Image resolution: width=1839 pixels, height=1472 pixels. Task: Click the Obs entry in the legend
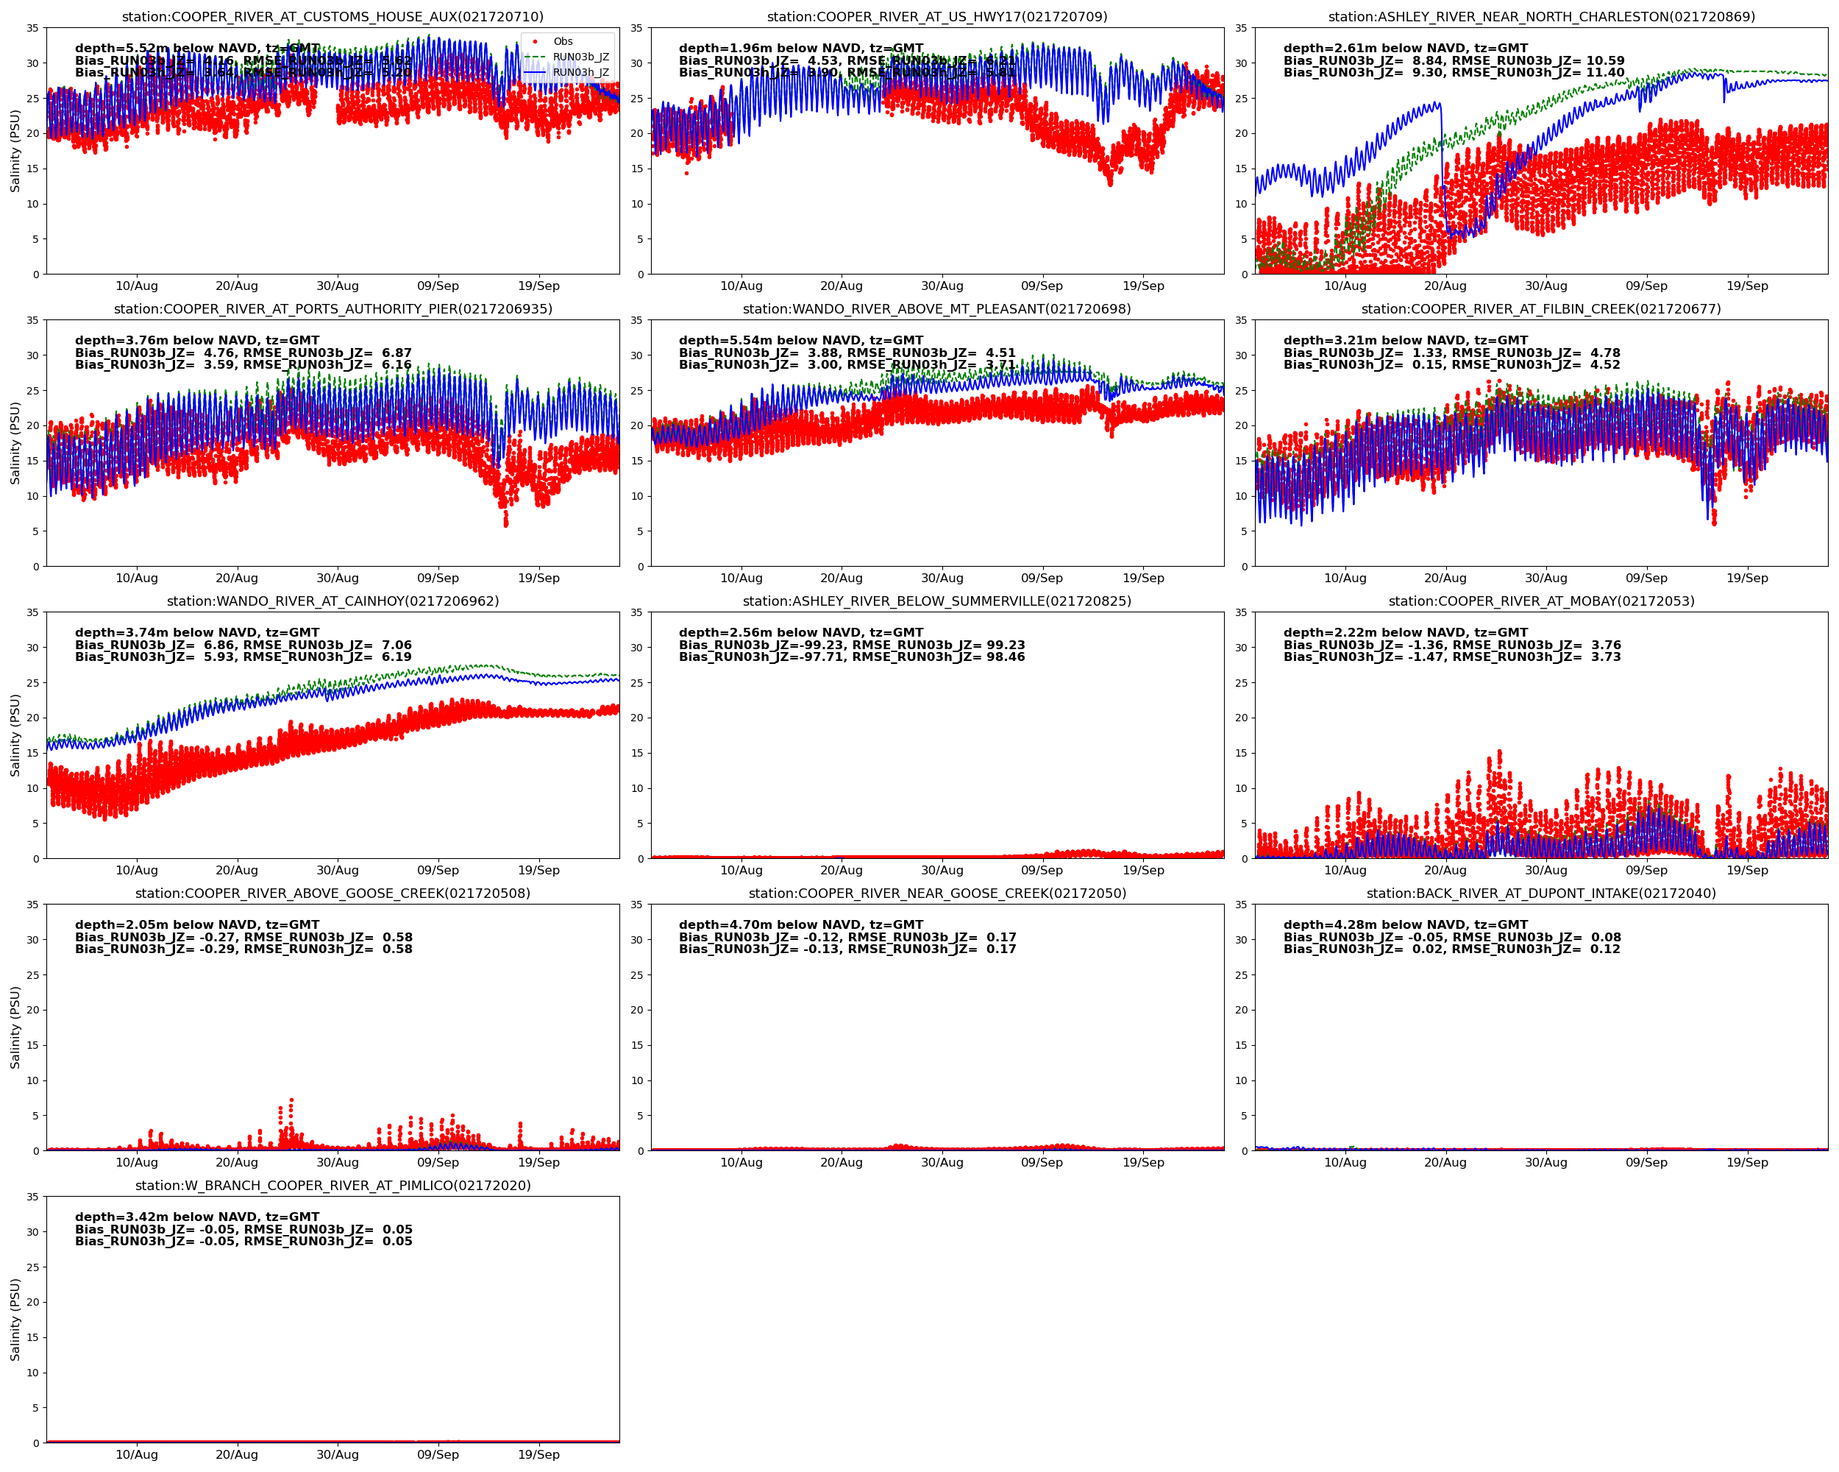click(562, 41)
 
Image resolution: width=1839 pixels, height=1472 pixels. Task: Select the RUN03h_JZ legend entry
click(580, 73)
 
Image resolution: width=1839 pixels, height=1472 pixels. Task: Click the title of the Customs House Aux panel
click(332, 16)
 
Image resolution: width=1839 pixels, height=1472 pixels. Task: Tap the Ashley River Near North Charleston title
click(1540, 16)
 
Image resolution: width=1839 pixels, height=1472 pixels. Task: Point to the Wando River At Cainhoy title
click(332, 601)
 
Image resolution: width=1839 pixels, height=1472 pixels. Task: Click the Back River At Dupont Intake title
click(1540, 894)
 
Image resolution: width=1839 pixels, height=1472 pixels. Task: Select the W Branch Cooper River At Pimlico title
click(332, 1185)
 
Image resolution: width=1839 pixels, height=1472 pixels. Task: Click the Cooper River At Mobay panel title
click(1540, 601)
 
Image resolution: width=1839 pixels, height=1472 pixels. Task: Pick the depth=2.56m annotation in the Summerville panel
click(800, 632)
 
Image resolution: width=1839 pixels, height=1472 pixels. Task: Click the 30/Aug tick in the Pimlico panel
click(337, 1454)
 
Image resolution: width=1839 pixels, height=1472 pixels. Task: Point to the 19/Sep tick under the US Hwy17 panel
click(1143, 286)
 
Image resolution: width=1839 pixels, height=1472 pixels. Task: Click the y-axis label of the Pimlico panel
click(15, 1319)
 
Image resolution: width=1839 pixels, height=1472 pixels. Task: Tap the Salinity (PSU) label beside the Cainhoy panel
click(15, 735)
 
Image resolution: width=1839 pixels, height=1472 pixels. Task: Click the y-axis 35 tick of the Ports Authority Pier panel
click(32, 321)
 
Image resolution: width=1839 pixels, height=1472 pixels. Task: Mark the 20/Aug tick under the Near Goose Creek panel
click(841, 1162)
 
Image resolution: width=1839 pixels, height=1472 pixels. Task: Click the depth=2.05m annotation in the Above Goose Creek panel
click(197, 925)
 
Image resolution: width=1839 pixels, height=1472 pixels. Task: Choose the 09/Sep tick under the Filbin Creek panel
click(1646, 578)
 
